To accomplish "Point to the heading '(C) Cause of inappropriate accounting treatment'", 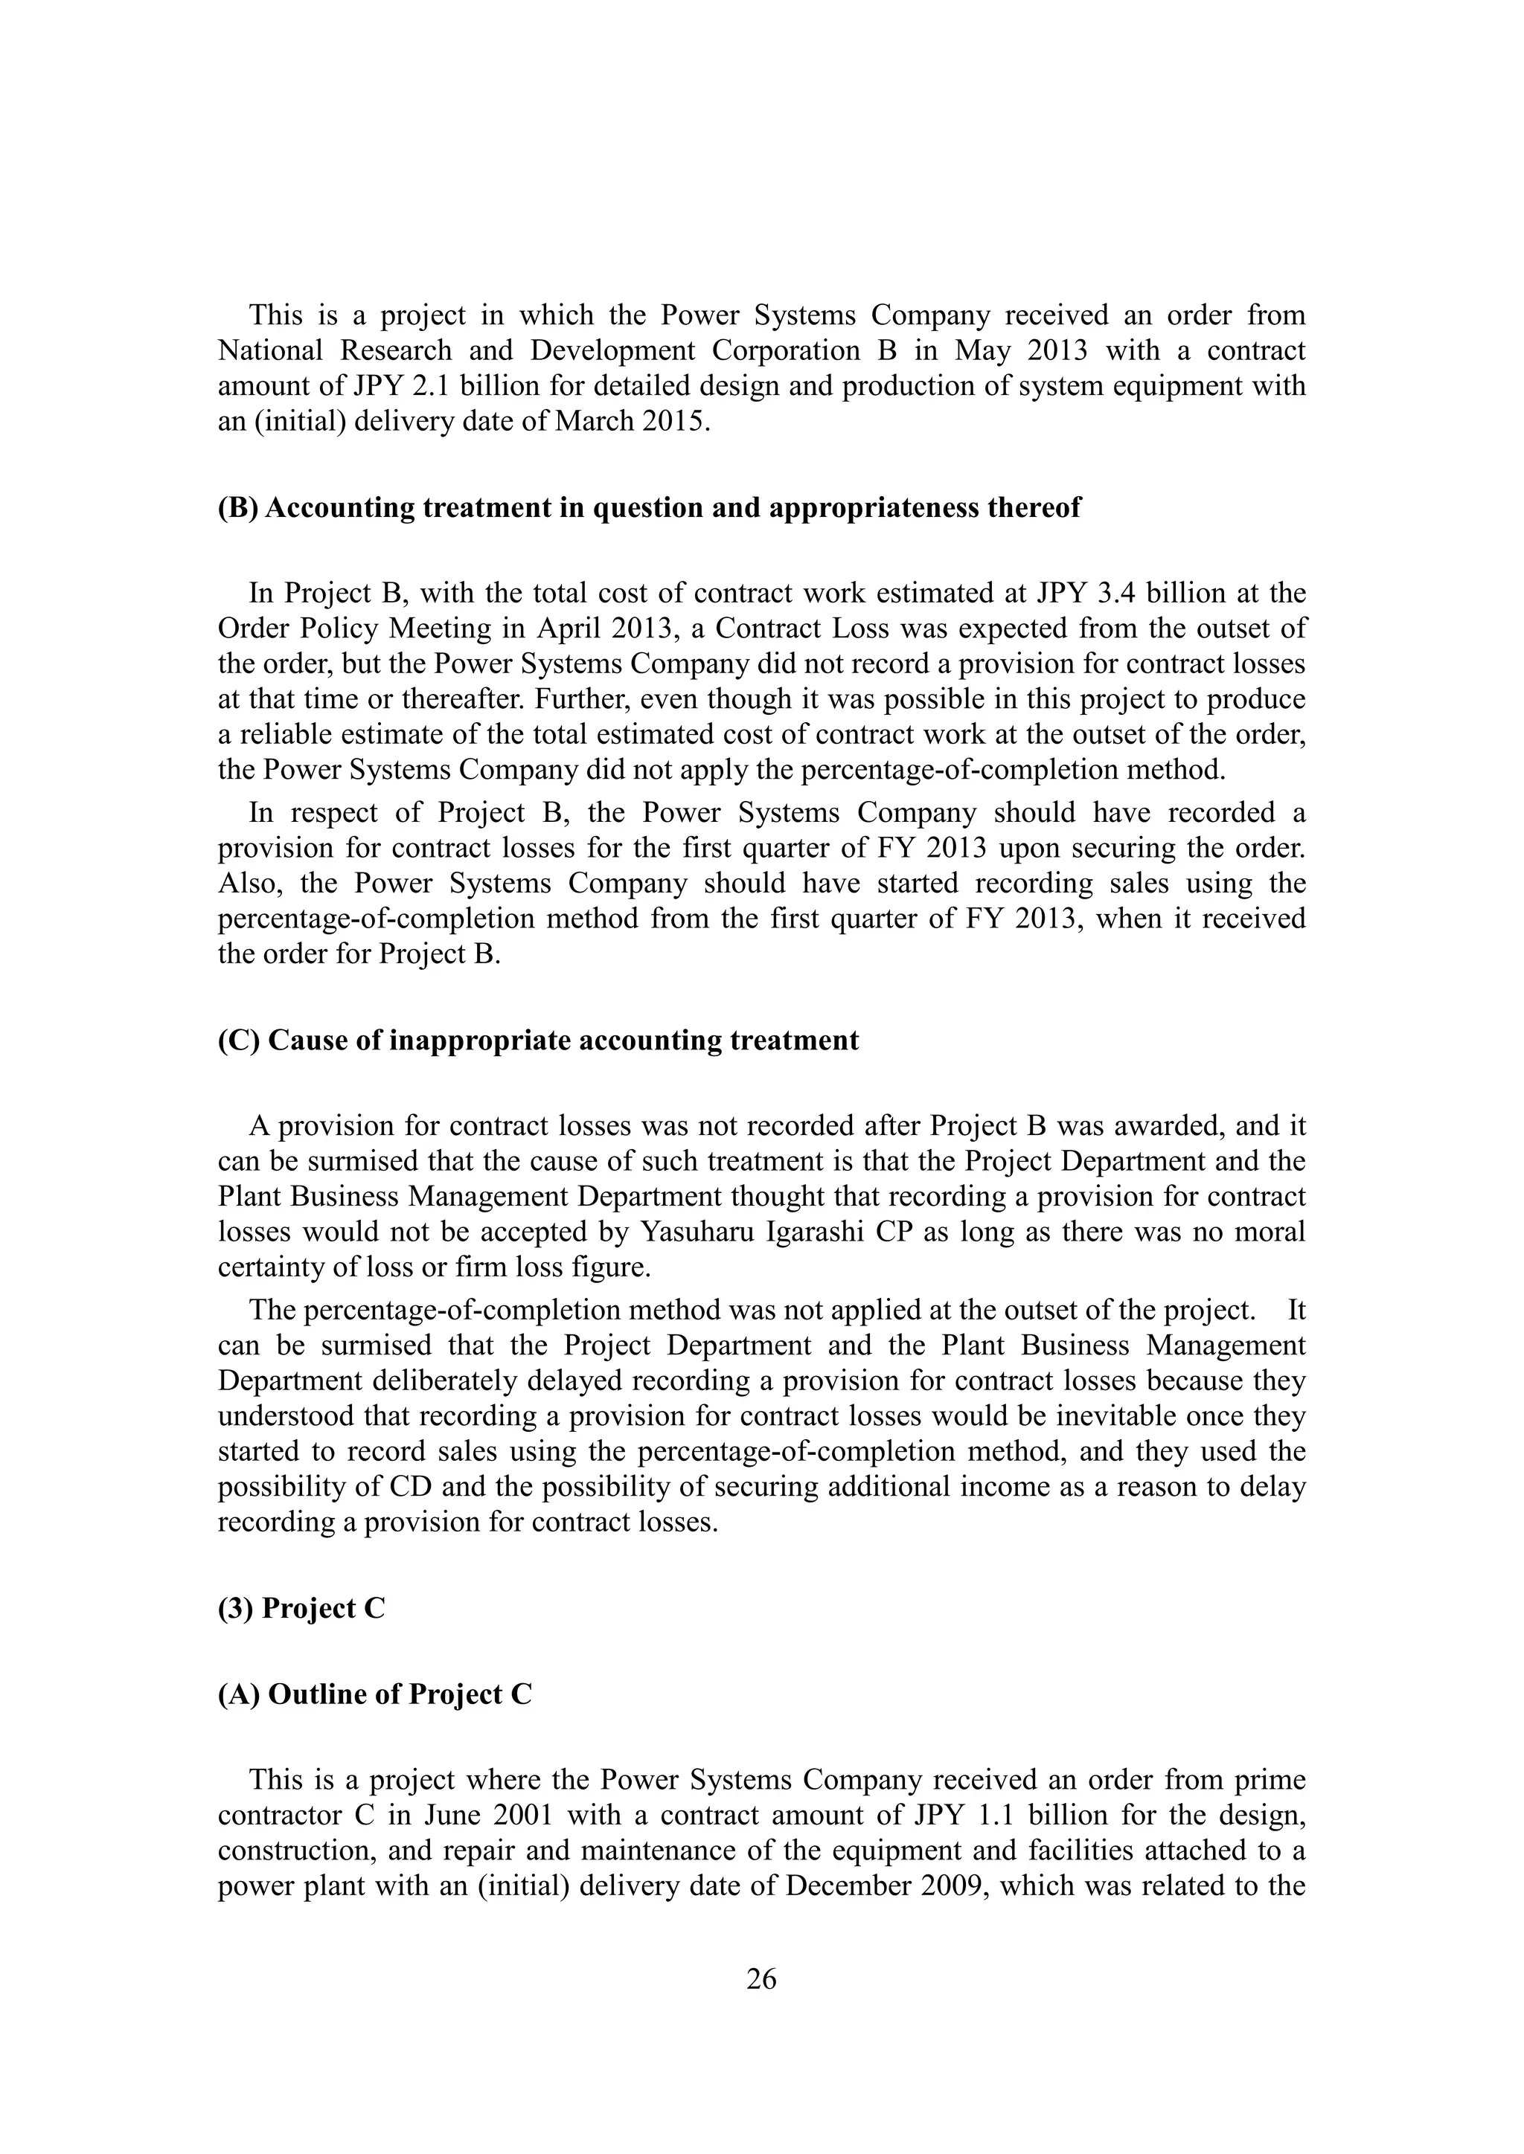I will (x=538, y=1041).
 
